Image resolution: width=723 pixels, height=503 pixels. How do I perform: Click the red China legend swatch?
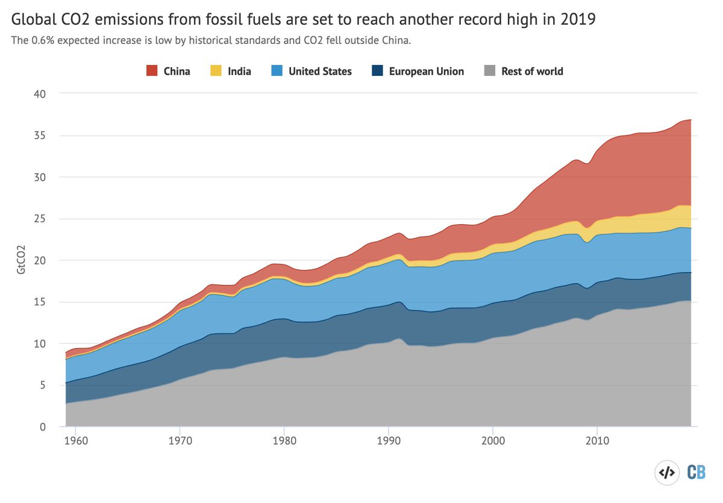152,71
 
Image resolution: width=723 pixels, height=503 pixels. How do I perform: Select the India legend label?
239,71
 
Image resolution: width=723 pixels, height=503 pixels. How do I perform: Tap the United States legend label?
320,71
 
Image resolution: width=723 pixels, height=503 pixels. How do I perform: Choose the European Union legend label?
426,71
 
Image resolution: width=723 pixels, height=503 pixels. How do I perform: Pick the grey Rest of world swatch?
490,71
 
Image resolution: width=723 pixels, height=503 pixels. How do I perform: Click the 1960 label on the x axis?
75,441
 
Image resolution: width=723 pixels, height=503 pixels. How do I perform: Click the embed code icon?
666,473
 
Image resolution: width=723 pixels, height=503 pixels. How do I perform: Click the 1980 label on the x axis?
284,441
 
